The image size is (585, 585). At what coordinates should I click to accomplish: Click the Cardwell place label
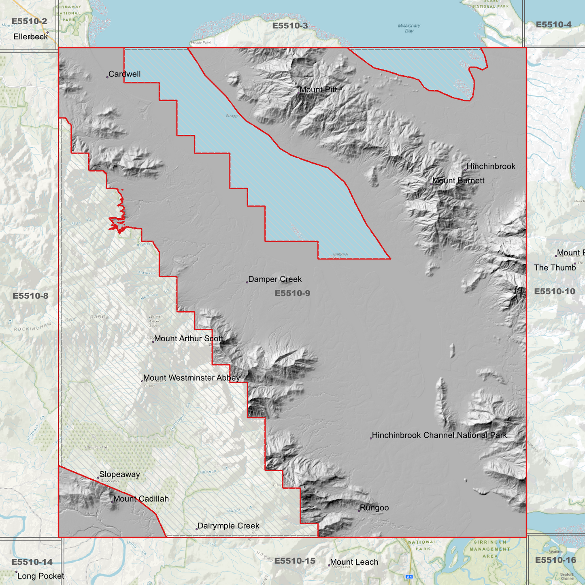point(124,74)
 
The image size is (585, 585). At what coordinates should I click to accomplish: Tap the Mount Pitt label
point(318,90)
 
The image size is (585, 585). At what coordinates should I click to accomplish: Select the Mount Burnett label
point(458,181)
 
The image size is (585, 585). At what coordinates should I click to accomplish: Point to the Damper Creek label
point(275,279)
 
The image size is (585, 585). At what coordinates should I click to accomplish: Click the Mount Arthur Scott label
point(189,339)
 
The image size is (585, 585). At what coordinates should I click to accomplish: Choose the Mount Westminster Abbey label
point(191,378)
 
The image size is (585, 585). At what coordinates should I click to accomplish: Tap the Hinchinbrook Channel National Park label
point(439,436)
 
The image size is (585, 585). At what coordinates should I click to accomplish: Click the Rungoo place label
point(374,508)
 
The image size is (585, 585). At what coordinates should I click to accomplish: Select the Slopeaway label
point(119,474)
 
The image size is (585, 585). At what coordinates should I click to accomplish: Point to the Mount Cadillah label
point(141,499)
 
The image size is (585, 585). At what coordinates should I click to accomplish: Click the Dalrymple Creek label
point(228,526)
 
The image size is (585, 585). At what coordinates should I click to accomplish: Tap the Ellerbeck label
point(31,37)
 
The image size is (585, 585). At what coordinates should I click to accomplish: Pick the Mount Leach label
point(354,562)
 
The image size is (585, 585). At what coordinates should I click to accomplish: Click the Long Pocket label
point(40,576)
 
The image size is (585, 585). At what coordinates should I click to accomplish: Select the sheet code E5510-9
point(292,294)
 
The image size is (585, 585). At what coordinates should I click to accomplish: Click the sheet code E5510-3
point(290,26)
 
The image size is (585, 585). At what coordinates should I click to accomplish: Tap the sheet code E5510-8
point(30,296)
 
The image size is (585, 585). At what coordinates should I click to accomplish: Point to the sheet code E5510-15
point(295,561)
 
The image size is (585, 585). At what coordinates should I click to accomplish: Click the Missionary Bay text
point(409,28)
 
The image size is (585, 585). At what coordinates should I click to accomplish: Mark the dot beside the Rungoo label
point(359,511)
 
